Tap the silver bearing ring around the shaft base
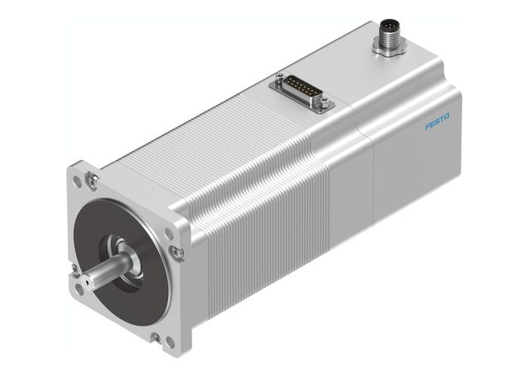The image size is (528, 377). (x=125, y=251)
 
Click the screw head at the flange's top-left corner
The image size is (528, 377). (x=93, y=179)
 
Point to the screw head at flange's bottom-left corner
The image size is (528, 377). (x=75, y=268)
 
